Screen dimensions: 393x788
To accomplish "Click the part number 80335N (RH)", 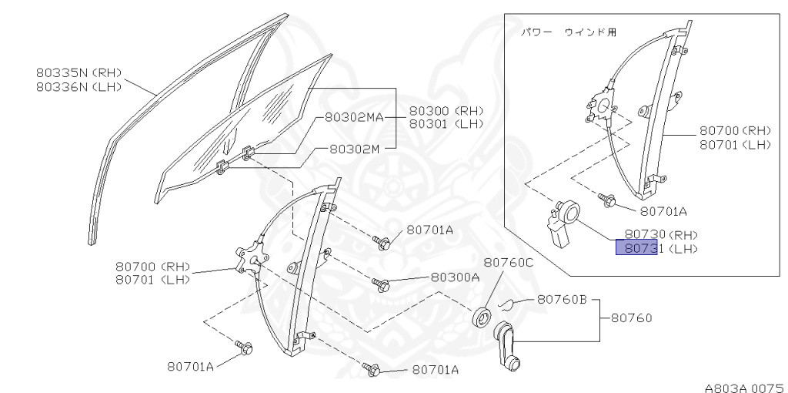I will pos(79,73).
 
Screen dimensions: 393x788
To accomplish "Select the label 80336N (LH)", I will pos(79,87).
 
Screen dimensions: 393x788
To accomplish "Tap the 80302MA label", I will pos(354,118).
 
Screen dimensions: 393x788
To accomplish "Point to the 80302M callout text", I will pos(354,149).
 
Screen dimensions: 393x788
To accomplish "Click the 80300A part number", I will pos(455,277).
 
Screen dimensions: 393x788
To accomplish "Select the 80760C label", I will pos(508,263).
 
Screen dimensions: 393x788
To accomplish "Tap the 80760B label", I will pos(562,299).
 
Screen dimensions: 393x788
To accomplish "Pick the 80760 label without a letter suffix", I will pos(632,317).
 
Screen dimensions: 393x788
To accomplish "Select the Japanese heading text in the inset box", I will pos(569,32).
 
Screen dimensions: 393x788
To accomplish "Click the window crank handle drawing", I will pos(508,345).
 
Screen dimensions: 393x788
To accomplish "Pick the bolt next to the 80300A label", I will pos(381,284).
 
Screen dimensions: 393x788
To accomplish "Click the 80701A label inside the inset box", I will pos(663,210).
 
